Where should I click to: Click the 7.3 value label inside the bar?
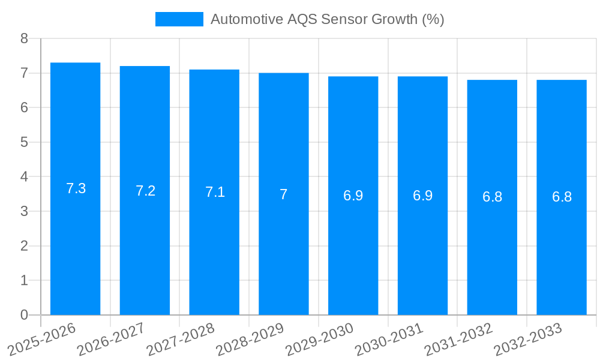(x=76, y=188)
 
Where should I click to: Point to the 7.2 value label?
(x=145, y=191)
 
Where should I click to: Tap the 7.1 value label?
(x=215, y=192)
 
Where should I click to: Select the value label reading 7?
(x=284, y=194)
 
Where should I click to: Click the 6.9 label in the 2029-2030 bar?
(x=353, y=196)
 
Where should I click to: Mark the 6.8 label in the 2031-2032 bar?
(x=492, y=197)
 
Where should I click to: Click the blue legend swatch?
(x=179, y=19)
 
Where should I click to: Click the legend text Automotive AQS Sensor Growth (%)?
(x=327, y=19)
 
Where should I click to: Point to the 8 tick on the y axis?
(x=24, y=38)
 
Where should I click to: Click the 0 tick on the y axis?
(x=24, y=315)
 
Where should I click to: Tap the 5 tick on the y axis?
(x=24, y=142)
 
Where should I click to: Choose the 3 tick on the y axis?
(x=24, y=211)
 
